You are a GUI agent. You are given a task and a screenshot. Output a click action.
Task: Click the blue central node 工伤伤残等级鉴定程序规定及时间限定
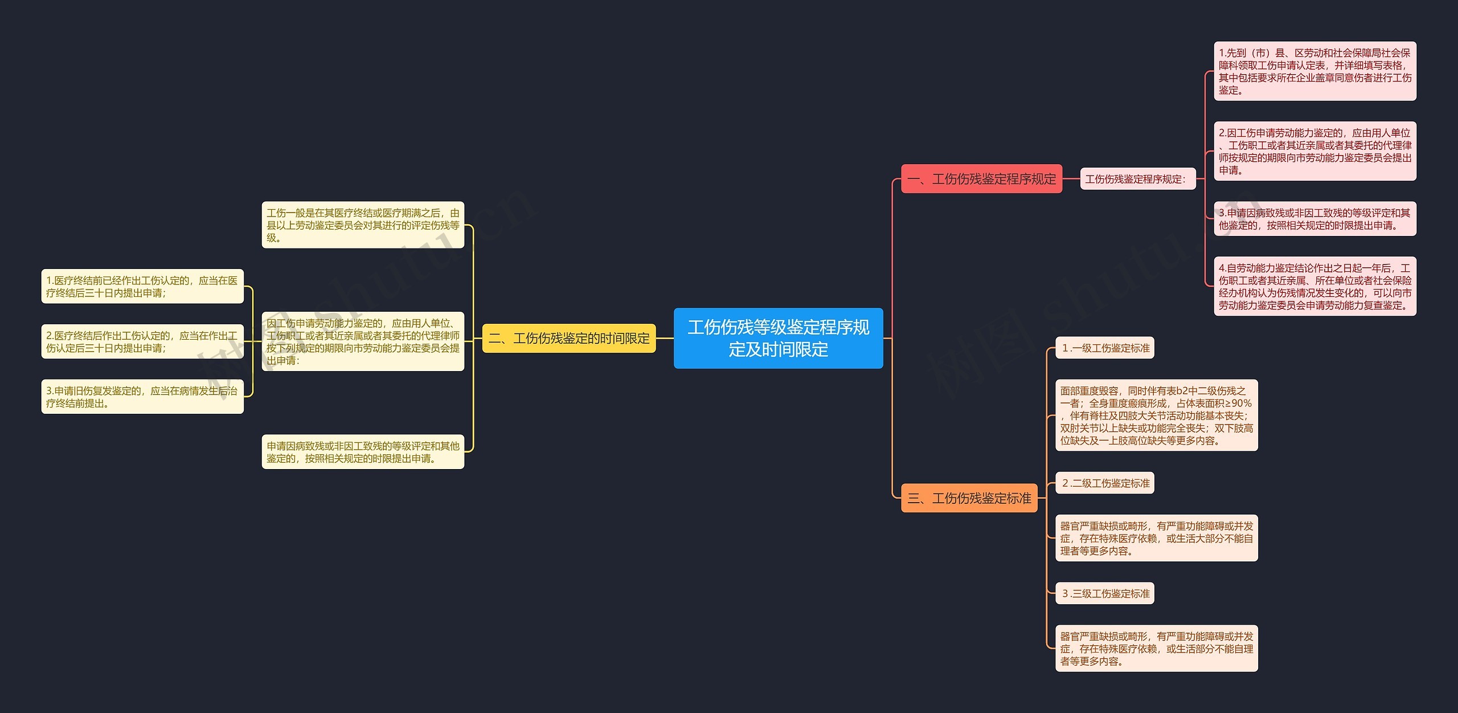click(778, 338)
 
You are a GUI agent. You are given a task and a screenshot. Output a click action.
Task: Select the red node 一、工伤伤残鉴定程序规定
click(981, 179)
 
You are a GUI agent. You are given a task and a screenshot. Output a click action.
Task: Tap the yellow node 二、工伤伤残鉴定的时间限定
click(569, 338)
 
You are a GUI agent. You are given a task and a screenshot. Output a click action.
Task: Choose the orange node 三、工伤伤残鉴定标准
click(969, 498)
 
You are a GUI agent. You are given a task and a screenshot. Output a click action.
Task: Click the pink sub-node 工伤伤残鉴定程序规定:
click(1137, 179)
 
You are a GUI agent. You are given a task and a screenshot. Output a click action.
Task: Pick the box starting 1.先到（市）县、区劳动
click(1314, 71)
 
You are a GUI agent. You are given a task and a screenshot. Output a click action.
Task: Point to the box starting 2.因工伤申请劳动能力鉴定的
click(1314, 151)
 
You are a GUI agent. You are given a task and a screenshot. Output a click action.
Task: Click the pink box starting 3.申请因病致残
click(1314, 219)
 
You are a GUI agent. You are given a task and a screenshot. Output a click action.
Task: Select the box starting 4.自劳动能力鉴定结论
click(1314, 286)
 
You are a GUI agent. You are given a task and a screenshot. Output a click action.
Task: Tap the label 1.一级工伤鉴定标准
click(1105, 348)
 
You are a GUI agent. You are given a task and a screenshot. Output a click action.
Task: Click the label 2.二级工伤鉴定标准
click(1105, 483)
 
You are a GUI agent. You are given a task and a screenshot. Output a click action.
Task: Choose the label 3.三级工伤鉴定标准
click(1105, 594)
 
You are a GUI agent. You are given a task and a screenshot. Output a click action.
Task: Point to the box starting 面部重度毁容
click(1156, 415)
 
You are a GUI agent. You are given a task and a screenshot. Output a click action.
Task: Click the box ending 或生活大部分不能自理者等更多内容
click(1156, 539)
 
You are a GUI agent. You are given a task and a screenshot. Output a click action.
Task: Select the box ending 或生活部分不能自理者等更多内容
click(1156, 649)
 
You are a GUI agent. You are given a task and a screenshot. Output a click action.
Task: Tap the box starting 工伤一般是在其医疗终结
click(363, 225)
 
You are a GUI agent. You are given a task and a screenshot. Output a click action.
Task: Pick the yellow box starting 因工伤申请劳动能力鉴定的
click(363, 341)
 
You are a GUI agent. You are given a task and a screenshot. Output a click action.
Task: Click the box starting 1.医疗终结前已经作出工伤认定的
click(142, 287)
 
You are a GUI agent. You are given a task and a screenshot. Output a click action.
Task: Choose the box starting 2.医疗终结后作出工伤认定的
click(142, 341)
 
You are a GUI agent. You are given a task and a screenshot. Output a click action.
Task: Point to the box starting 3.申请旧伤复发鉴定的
click(142, 397)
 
